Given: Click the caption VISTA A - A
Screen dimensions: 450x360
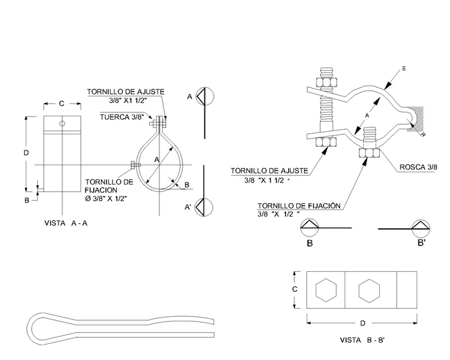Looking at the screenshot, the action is (x=66, y=223).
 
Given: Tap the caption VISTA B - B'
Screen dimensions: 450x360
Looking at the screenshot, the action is (x=362, y=340).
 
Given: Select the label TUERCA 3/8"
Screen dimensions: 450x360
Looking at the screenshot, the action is (x=122, y=117).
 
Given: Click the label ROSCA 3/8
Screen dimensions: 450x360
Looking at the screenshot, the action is (x=419, y=166).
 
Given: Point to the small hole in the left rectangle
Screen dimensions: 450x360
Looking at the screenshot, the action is (x=62, y=123).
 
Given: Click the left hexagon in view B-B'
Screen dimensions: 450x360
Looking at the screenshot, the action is (x=326, y=290).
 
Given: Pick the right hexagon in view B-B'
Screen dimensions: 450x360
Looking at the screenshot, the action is (x=369, y=290).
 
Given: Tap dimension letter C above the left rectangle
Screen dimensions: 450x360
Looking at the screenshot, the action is (x=62, y=104).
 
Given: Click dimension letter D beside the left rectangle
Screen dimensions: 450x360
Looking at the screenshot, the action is (x=26, y=153).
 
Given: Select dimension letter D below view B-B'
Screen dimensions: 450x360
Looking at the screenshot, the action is (x=363, y=323).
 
